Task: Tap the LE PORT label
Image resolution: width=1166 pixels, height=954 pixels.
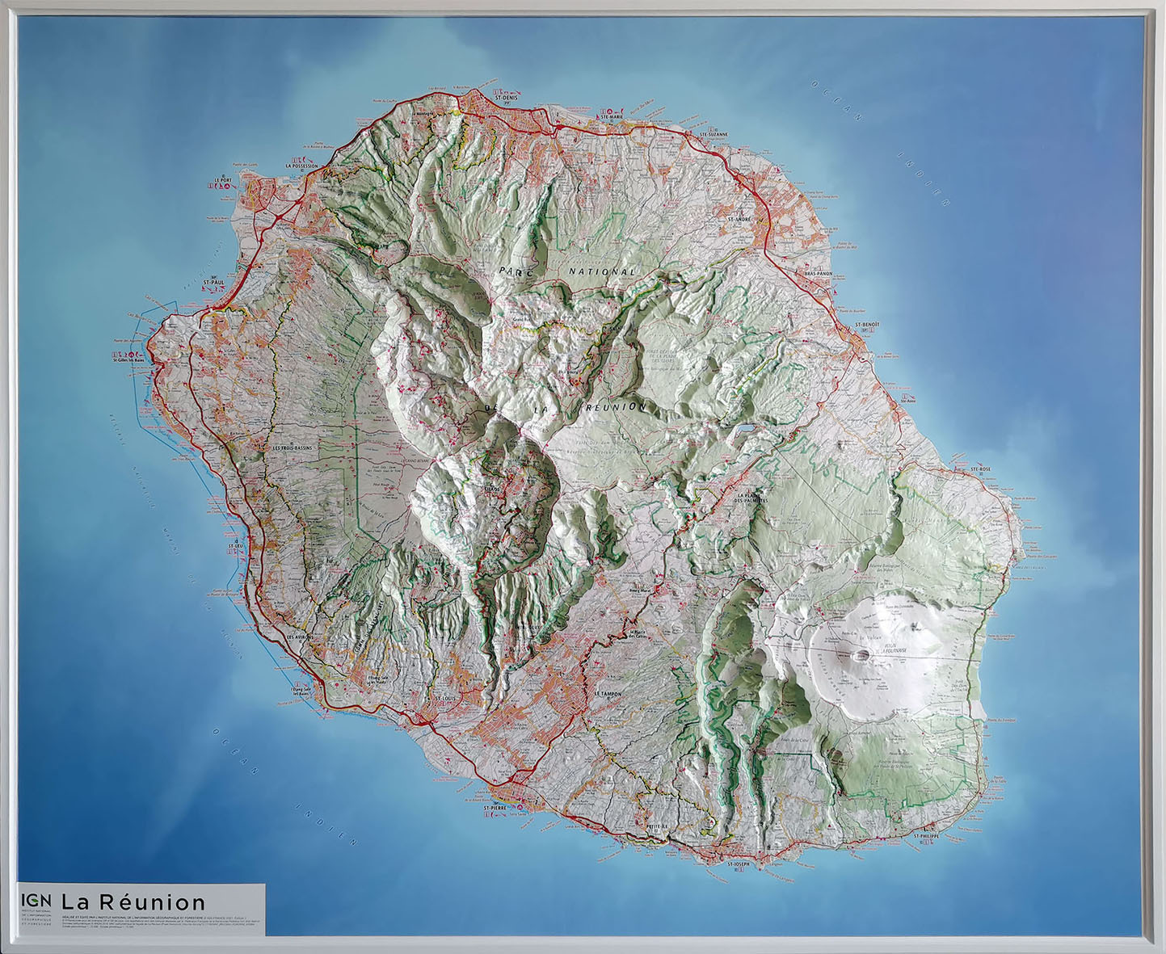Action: click(223, 179)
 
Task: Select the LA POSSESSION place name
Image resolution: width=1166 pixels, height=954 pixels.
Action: click(301, 166)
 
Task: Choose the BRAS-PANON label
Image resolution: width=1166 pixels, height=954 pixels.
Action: click(819, 275)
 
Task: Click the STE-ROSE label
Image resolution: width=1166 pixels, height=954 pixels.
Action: click(980, 469)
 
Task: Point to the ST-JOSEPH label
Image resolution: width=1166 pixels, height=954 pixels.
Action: click(739, 864)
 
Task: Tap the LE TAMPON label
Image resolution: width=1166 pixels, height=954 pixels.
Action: click(608, 693)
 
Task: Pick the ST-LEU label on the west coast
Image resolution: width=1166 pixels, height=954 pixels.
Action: click(235, 547)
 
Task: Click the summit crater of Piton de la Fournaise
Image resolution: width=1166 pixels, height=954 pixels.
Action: click(862, 654)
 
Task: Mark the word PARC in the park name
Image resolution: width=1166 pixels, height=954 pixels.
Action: click(517, 271)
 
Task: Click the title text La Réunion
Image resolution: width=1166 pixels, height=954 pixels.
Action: click(133, 901)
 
